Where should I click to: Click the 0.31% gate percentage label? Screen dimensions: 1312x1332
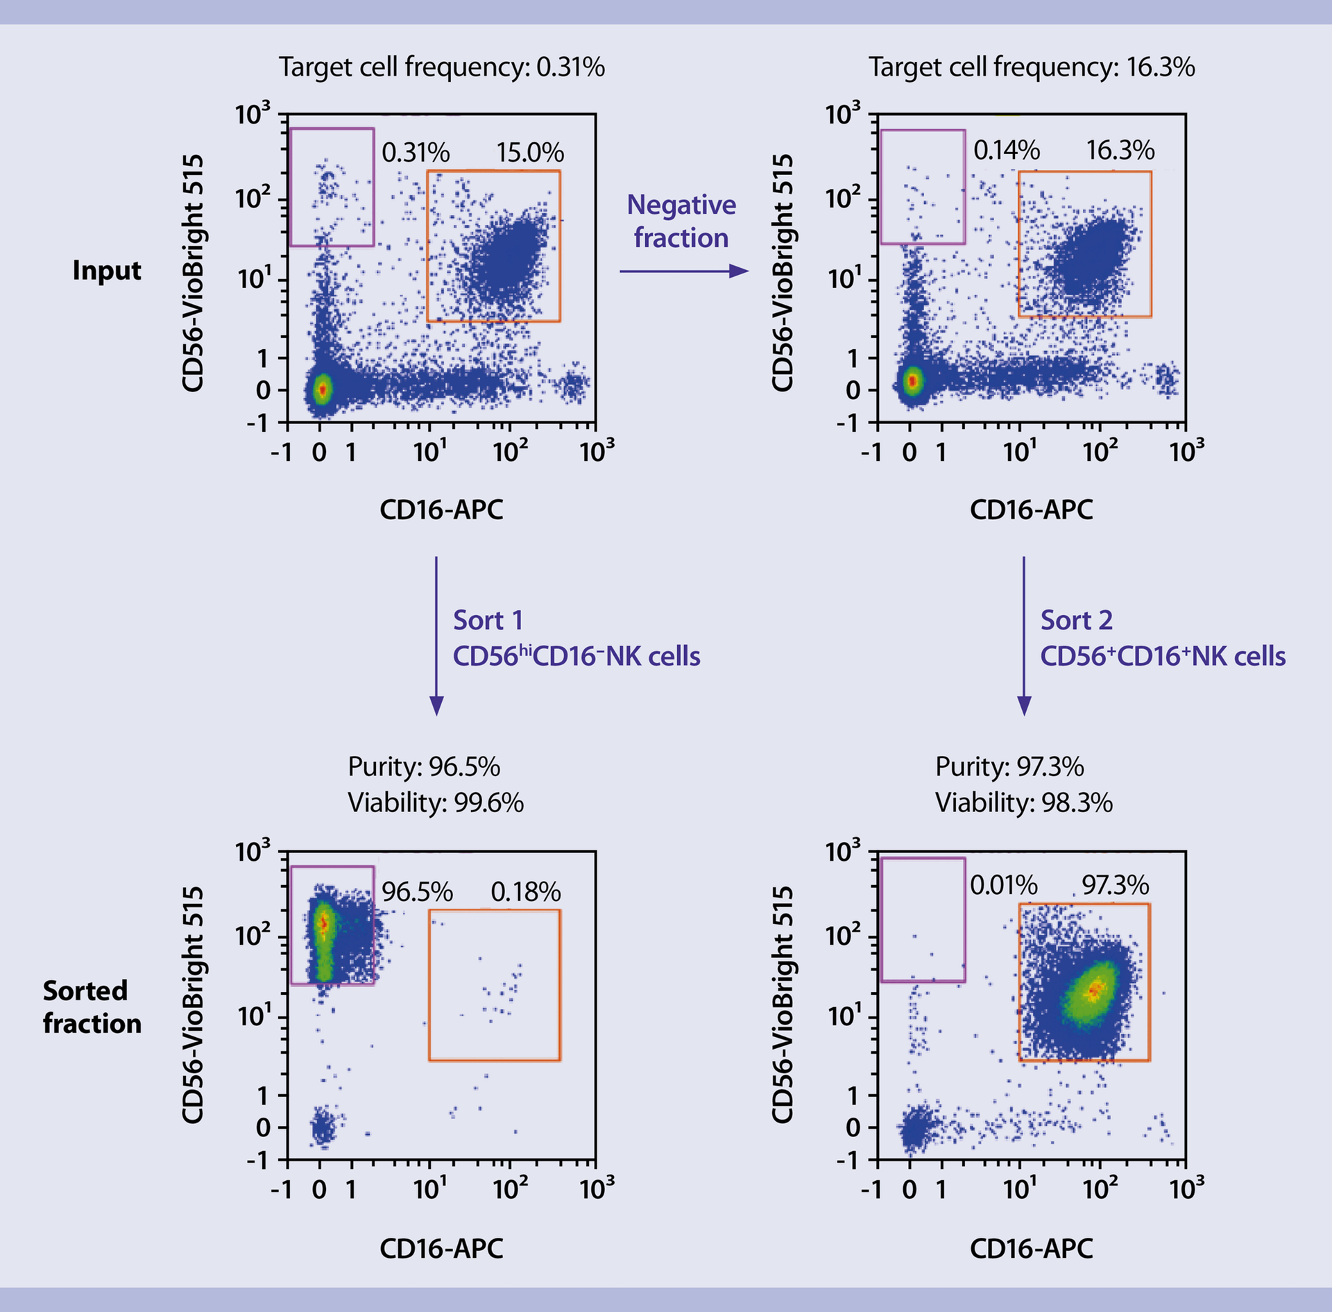(416, 153)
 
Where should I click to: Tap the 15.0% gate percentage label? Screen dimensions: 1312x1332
(530, 153)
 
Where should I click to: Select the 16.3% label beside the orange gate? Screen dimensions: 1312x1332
(1120, 150)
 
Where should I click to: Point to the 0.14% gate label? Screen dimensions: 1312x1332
(1006, 150)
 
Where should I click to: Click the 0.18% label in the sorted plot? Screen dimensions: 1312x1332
(525, 892)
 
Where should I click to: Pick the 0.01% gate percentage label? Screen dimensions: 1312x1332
(1003, 885)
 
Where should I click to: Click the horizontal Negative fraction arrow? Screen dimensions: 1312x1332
(683, 271)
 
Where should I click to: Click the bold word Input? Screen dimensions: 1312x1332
(107, 270)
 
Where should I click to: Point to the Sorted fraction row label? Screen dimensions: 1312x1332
(92, 1007)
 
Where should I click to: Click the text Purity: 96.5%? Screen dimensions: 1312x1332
(424, 767)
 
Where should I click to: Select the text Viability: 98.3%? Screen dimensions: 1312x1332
(1023, 803)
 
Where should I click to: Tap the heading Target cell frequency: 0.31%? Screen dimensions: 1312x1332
(442, 67)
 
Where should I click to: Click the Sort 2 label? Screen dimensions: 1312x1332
(1076, 620)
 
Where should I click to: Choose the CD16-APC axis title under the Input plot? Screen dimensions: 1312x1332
(441, 510)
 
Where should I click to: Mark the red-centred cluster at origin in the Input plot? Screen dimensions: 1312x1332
(321, 390)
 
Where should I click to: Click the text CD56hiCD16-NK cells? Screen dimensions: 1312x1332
(577, 656)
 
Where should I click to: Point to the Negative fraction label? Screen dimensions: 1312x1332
(681, 221)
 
